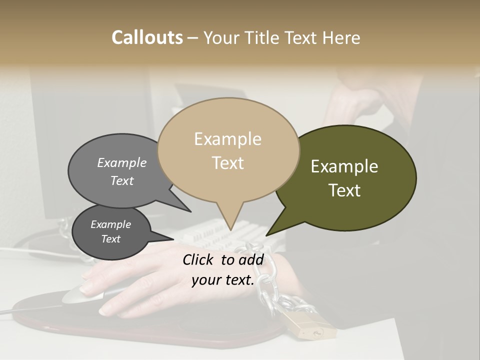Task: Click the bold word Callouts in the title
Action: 147,37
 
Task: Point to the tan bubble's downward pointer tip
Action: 230,230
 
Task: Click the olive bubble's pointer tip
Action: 266,235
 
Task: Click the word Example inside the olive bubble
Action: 344,166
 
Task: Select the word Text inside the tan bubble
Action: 228,163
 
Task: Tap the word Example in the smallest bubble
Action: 110,224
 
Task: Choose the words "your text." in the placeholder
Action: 222,280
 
